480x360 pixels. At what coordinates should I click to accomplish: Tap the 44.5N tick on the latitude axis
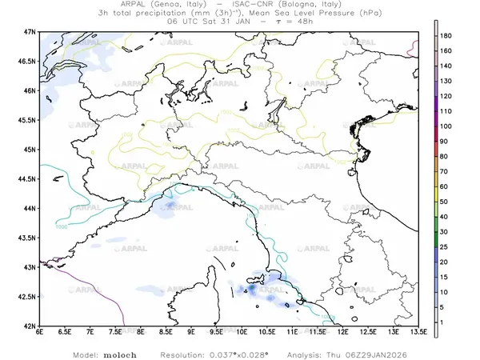[x=29, y=179]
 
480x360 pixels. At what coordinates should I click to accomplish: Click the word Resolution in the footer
[x=182, y=354]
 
